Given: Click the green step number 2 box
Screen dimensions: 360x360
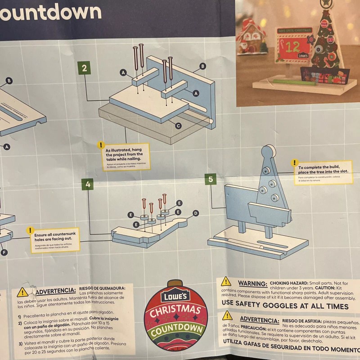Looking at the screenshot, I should pos(84,68).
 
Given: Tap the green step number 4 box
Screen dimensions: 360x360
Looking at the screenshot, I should pos(88,184).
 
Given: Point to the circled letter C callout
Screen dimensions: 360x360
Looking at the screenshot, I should pos(179,126).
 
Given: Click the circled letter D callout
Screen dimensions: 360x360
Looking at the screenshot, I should pos(195,213).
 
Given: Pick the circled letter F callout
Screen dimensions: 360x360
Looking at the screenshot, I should pos(4,252).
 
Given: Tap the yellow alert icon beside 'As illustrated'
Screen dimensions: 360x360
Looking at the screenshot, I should pos(100,145).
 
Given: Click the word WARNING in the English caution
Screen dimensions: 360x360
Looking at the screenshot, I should pos(252,283).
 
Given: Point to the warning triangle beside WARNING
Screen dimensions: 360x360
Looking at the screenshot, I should pos(226,282).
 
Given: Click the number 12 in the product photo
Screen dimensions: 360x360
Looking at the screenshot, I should pos(293,47).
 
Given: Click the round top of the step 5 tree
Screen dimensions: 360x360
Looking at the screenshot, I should pos(269,153).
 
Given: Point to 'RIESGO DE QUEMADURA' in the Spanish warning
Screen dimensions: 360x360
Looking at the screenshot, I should pos(105,288).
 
